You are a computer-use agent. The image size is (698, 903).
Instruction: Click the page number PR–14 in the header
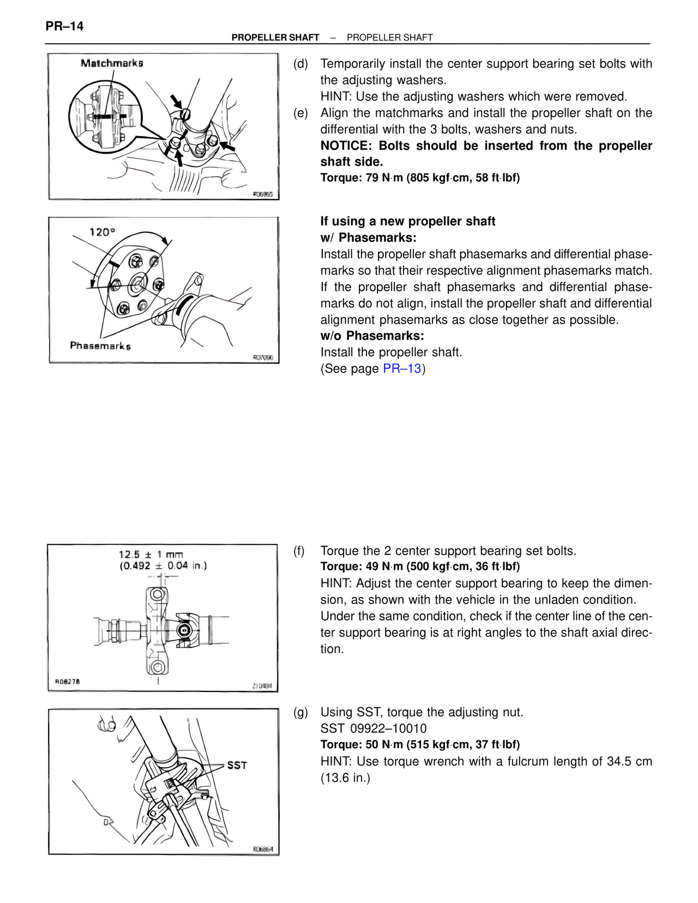64,26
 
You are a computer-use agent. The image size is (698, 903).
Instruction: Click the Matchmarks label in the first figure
112,63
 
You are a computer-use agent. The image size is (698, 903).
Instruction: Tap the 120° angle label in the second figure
102,232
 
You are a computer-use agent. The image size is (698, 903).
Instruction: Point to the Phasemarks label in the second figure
100,346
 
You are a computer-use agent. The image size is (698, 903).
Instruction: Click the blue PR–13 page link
402,369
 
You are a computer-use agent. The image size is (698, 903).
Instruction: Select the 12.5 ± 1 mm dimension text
151,555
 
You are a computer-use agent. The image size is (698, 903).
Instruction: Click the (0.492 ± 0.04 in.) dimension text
163,566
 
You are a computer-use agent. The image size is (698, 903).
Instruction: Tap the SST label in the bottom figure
237,766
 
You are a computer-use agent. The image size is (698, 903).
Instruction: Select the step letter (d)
300,64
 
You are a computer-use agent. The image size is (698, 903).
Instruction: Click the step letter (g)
300,712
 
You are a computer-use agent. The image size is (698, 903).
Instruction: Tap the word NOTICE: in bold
346,146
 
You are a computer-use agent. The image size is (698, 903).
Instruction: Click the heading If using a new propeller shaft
407,221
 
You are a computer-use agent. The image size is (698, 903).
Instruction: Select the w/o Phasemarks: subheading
372,336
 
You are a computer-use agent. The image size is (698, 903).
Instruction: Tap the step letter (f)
299,551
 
